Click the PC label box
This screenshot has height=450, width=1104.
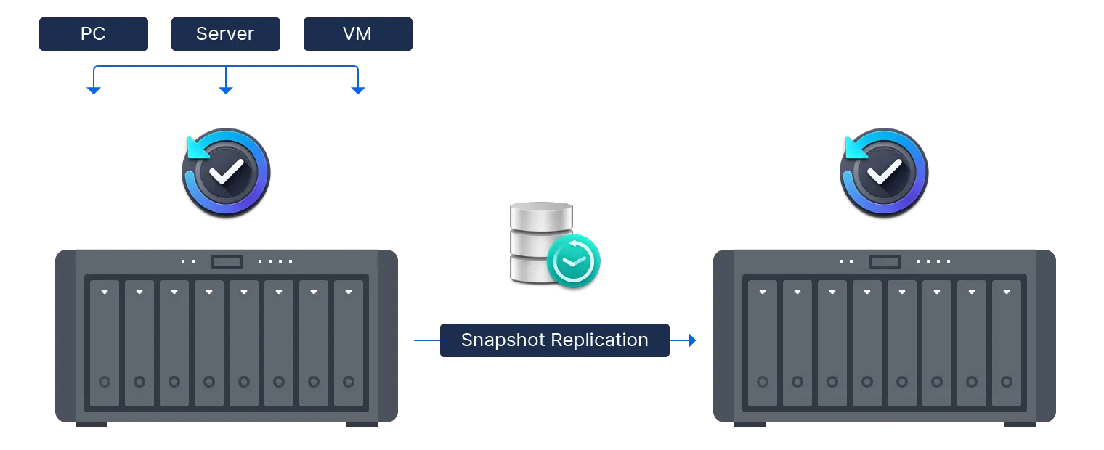tap(93, 34)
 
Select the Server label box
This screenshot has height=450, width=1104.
tap(226, 34)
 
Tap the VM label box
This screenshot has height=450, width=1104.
tap(357, 34)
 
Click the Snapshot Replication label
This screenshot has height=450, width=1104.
tap(554, 340)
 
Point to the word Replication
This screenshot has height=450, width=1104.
tap(599, 340)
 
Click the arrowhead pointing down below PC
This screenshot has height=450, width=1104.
tap(93, 91)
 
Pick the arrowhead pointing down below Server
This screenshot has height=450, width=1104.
tap(225, 91)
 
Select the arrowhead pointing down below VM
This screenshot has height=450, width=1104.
tap(357, 91)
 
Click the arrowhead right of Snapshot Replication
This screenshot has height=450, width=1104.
tap(691, 340)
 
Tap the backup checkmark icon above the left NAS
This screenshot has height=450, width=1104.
tap(226, 172)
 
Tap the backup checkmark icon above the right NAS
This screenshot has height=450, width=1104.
tap(883, 172)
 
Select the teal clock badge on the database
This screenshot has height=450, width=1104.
tap(574, 260)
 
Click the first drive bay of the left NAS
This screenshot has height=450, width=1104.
tap(105, 343)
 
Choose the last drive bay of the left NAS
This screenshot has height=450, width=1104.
tap(349, 343)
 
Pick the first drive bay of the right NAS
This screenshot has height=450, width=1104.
tap(763, 343)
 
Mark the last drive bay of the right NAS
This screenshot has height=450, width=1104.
tap(1007, 343)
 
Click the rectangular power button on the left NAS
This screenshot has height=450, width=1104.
tap(227, 261)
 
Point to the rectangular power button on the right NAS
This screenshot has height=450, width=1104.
tap(884, 261)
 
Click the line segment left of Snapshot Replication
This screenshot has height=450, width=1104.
tap(423, 340)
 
